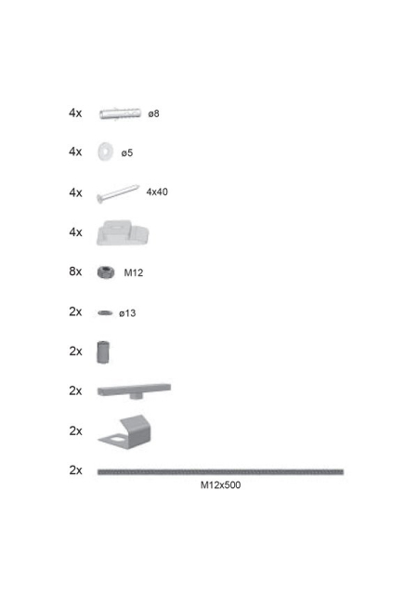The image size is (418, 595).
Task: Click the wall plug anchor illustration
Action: [x=120, y=113]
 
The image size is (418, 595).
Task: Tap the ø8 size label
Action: [x=153, y=113]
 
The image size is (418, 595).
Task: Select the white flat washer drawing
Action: [x=105, y=152]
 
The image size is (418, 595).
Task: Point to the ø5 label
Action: [x=127, y=152]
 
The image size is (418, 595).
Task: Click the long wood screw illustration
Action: [x=118, y=193]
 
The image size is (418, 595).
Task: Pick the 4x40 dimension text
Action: [x=157, y=192]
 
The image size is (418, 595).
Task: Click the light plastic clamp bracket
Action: [x=123, y=232]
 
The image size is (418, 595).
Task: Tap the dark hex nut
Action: [x=106, y=272]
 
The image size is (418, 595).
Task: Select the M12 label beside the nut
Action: [x=134, y=272]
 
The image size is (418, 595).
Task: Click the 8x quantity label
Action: [x=75, y=271]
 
